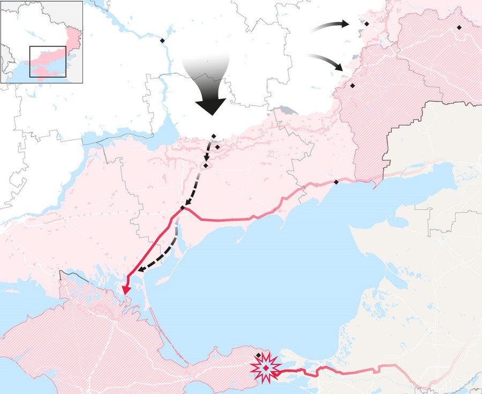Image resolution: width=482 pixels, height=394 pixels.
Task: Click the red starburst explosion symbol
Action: pyautogui.click(x=266, y=368)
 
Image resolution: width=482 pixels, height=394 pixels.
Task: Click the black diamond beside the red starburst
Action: pyautogui.click(x=258, y=356)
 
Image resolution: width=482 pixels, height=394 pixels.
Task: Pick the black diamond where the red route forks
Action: pyautogui.click(x=183, y=207)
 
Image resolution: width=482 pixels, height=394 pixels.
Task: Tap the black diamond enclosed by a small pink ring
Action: pyautogui.click(x=217, y=146)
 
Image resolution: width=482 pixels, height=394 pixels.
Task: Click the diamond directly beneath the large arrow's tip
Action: pyautogui.click(x=214, y=136)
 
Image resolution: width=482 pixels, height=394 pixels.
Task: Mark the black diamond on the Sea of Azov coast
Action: pyautogui.click(x=336, y=182)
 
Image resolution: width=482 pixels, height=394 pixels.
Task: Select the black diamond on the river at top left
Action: pyautogui.click(x=162, y=41)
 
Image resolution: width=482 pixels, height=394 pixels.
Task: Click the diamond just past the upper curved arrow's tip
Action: pyautogui.click(x=366, y=24)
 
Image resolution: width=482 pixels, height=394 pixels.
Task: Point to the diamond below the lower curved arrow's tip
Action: pyautogui.click(x=352, y=86)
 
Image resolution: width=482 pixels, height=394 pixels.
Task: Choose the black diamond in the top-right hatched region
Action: pyautogui.click(x=459, y=27)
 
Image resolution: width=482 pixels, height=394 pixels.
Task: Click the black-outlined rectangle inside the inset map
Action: pyautogui.click(x=48, y=62)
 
